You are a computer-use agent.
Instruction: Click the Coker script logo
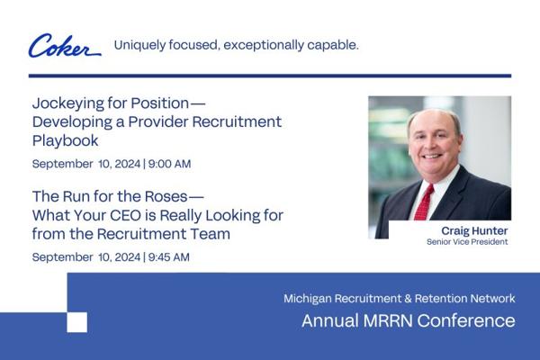click(65, 46)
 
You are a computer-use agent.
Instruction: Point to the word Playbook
click(66, 141)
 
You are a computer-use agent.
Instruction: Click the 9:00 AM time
click(169, 164)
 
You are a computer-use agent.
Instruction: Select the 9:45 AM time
click(169, 257)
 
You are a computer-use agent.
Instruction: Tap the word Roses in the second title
click(166, 196)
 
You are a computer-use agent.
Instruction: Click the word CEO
click(125, 215)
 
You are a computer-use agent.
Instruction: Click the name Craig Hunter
click(474, 230)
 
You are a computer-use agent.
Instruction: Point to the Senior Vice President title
click(467, 242)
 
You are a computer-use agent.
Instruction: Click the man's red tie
click(424, 203)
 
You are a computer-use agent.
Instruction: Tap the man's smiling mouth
click(433, 157)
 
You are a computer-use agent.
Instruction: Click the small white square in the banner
click(76, 322)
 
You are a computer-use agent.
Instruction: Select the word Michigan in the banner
click(308, 298)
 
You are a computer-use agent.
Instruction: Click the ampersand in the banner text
click(408, 298)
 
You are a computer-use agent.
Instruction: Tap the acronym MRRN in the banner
click(388, 320)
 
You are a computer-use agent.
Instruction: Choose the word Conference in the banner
click(466, 320)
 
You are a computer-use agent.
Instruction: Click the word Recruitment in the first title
click(237, 121)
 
